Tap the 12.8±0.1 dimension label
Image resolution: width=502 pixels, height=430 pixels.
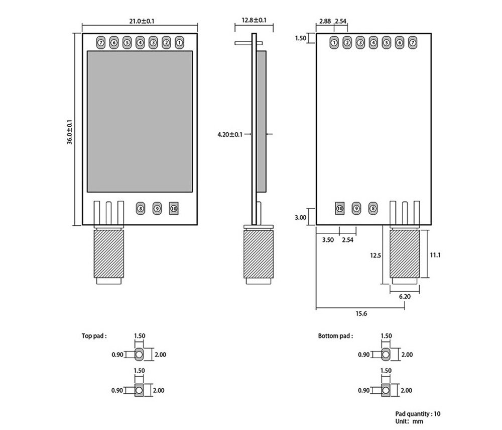254,20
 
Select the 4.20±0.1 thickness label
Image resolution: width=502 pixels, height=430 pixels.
230,134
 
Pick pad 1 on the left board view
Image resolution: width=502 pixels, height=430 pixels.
179,43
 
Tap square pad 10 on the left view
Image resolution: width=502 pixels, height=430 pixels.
174,207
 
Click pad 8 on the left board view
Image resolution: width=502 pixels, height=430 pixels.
141,207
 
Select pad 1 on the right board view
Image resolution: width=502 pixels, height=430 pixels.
334,43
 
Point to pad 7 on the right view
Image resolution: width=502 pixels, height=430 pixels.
413,43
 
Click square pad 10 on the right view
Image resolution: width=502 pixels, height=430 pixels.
339,207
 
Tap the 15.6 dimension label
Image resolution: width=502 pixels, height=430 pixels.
361,313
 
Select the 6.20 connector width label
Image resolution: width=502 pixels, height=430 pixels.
405,296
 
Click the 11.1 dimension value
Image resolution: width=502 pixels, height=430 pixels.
435,255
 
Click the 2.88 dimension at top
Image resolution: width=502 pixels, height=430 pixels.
325,21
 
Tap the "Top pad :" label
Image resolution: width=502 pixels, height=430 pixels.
94,335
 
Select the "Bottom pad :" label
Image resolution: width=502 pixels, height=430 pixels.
335,335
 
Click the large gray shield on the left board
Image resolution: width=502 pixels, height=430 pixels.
140,122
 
